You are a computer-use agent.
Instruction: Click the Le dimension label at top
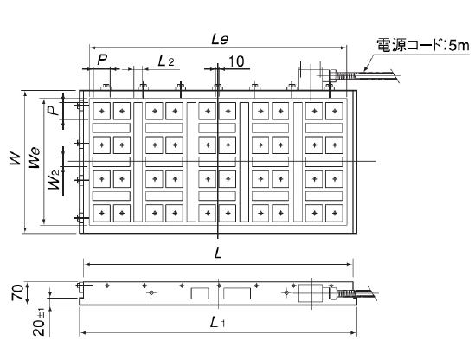(x=220, y=40)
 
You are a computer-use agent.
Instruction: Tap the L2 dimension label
(x=166, y=61)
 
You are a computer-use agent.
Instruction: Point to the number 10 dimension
(x=236, y=61)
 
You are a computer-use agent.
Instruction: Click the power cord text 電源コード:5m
(x=423, y=46)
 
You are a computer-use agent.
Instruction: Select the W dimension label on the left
(x=16, y=158)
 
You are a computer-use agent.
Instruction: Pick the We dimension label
(x=34, y=157)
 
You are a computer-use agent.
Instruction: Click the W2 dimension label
(x=55, y=180)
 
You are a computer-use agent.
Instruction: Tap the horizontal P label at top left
(x=102, y=60)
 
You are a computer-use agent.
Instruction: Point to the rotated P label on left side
(x=54, y=110)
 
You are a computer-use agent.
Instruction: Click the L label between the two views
(x=218, y=254)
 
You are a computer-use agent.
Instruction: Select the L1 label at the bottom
(x=217, y=322)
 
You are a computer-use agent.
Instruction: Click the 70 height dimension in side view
(x=17, y=292)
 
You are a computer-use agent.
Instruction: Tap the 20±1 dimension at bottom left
(x=39, y=322)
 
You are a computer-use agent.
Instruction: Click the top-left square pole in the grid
(x=102, y=111)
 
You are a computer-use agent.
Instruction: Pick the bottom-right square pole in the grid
(x=334, y=214)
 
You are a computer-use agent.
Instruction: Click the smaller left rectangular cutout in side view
(x=200, y=293)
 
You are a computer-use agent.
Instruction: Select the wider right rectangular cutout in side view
(x=237, y=293)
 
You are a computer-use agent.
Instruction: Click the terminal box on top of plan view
(x=310, y=78)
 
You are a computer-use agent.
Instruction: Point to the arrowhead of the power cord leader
(x=365, y=68)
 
